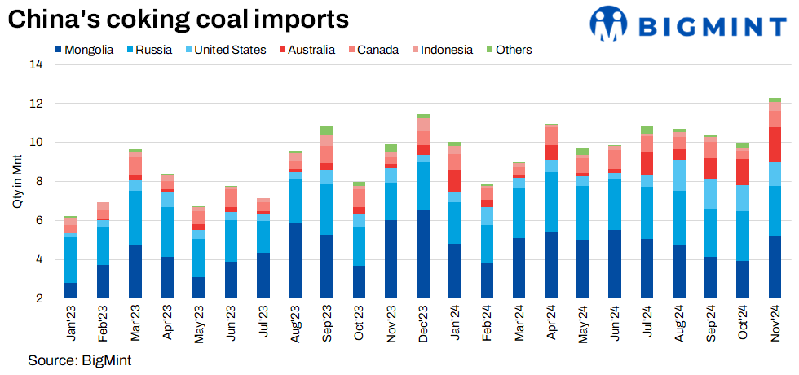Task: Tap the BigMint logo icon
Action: [x=613, y=24]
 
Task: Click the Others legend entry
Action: [x=508, y=50]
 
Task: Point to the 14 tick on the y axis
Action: [x=36, y=64]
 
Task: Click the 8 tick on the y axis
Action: [x=38, y=182]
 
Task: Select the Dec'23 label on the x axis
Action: [x=423, y=322]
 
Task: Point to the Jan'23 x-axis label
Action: [x=71, y=322]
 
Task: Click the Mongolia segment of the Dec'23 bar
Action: [x=423, y=254]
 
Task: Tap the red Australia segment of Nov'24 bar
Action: [x=775, y=144]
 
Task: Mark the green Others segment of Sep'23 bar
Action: [x=327, y=130]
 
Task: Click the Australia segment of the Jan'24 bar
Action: [x=455, y=181]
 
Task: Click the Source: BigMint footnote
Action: [x=79, y=360]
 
